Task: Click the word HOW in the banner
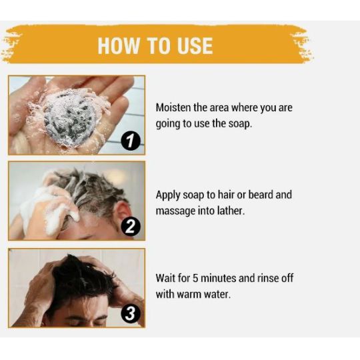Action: coord(119,45)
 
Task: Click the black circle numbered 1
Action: coord(131,141)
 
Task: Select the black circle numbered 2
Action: coord(131,227)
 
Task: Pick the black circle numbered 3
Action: coord(131,313)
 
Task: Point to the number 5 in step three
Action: coord(195,278)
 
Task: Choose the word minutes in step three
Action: coord(219,278)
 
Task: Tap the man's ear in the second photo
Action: coord(121,210)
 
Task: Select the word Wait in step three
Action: coord(165,278)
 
